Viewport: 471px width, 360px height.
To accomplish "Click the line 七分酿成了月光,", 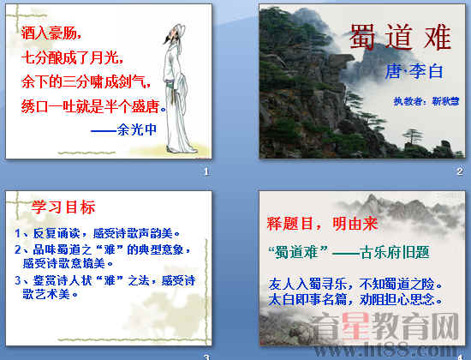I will coord(71,58).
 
